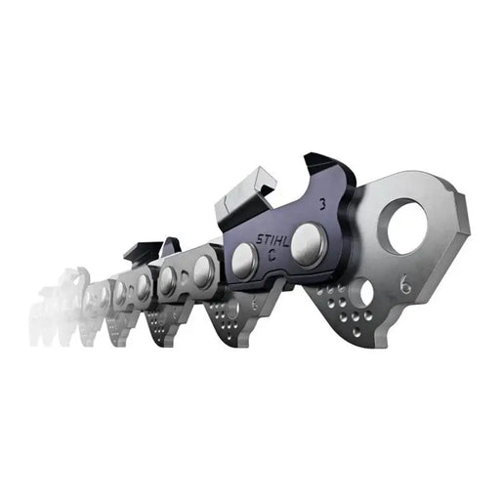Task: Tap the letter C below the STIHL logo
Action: tap(271, 259)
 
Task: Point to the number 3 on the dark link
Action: tap(323, 205)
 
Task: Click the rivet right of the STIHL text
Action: tap(311, 238)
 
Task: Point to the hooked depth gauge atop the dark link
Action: tap(322, 173)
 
